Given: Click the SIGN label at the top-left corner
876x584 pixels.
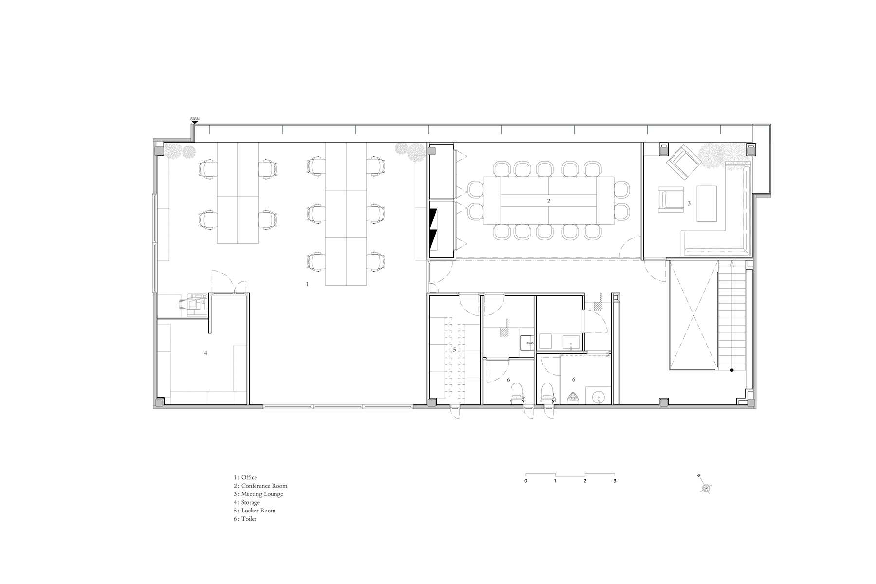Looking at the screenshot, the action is (x=195, y=119).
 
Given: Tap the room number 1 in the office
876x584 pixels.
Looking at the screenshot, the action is (x=307, y=284).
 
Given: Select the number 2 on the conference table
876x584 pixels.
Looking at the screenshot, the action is (x=548, y=201).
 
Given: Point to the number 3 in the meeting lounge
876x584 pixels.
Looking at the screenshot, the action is (x=689, y=203).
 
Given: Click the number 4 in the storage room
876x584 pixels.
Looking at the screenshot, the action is (x=206, y=353).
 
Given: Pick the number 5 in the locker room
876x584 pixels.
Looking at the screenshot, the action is (x=454, y=349).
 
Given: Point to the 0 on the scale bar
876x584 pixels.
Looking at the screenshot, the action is (x=526, y=481).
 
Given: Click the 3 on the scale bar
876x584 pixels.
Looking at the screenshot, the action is (x=615, y=481).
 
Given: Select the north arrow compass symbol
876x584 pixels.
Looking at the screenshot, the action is (x=705, y=486).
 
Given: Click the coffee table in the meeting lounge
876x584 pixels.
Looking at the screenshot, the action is (x=707, y=203).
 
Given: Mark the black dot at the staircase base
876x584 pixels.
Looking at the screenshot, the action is (x=731, y=371).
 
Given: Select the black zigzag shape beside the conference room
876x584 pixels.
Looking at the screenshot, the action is (x=434, y=228).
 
